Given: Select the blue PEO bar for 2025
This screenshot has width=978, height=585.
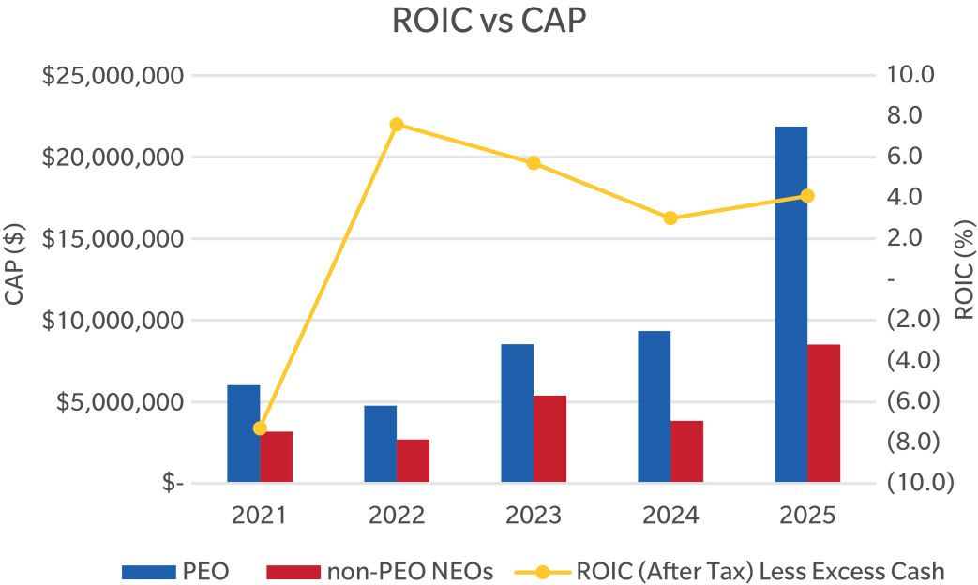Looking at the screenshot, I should click(x=790, y=305).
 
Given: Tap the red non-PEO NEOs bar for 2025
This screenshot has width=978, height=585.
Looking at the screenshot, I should click(x=823, y=413).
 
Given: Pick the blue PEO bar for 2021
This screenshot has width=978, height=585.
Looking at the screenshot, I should click(x=243, y=434).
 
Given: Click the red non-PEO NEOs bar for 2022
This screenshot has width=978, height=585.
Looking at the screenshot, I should click(x=413, y=460).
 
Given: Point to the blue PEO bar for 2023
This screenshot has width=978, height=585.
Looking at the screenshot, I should click(x=517, y=413).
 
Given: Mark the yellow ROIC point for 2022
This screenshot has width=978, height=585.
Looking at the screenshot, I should click(x=397, y=124).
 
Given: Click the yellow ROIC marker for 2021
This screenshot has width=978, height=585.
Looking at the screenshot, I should click(x=260, y=428).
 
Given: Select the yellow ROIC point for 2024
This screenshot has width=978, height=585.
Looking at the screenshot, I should click(x=670, y=217).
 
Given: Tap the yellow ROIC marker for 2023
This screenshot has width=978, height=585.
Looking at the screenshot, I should click(x=534, y=163).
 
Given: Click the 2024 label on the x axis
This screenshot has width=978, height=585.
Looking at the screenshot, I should click(x=670, y=515).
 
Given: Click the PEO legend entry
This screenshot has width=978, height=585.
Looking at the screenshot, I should click(x=175, y=569).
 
